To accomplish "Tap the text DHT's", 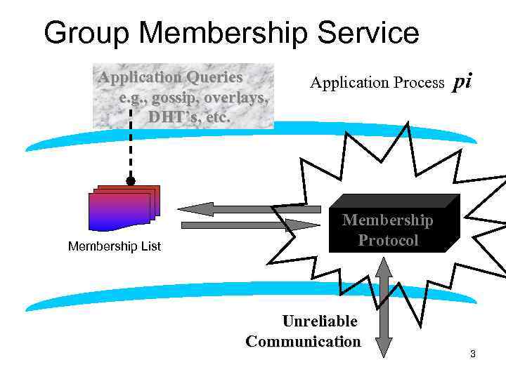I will (169, 117).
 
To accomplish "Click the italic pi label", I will (462, 81).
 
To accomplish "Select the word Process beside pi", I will (415, 83).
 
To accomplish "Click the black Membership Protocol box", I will (394, 225).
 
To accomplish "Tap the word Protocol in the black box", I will (388, 240).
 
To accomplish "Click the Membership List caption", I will (114, 246).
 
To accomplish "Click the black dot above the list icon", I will (131, 181).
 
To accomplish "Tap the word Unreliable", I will (320, 321).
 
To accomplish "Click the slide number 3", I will (473, 354).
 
